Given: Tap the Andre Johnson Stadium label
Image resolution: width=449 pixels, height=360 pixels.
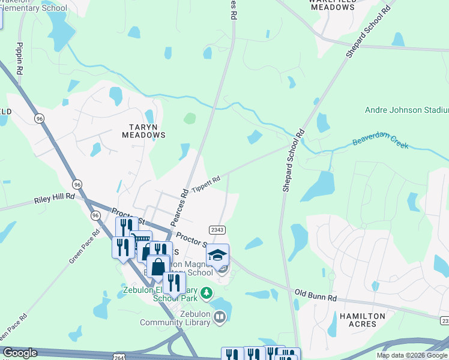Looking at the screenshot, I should [x=406, y=110].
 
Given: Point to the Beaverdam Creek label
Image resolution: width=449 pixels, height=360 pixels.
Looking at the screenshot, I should [x=380, y=145].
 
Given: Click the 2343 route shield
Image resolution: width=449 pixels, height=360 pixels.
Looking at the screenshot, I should [x=217, y=230].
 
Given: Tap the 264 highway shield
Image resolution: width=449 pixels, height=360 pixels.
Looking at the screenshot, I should [x=120, y=356].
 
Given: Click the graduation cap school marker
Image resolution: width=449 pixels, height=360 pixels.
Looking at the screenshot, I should [x=217, y=255].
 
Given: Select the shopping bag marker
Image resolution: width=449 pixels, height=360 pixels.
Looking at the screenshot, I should [x=158, y=266].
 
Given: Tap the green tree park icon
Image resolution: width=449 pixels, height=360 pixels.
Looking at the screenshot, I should [x=206, y=293].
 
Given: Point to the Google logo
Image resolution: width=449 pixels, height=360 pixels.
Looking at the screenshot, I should [x=20, y=353].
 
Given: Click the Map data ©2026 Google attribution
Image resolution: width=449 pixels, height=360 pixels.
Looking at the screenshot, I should [x=412, y=355].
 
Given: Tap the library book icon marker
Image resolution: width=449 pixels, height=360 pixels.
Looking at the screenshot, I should [x=219, y=316].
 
